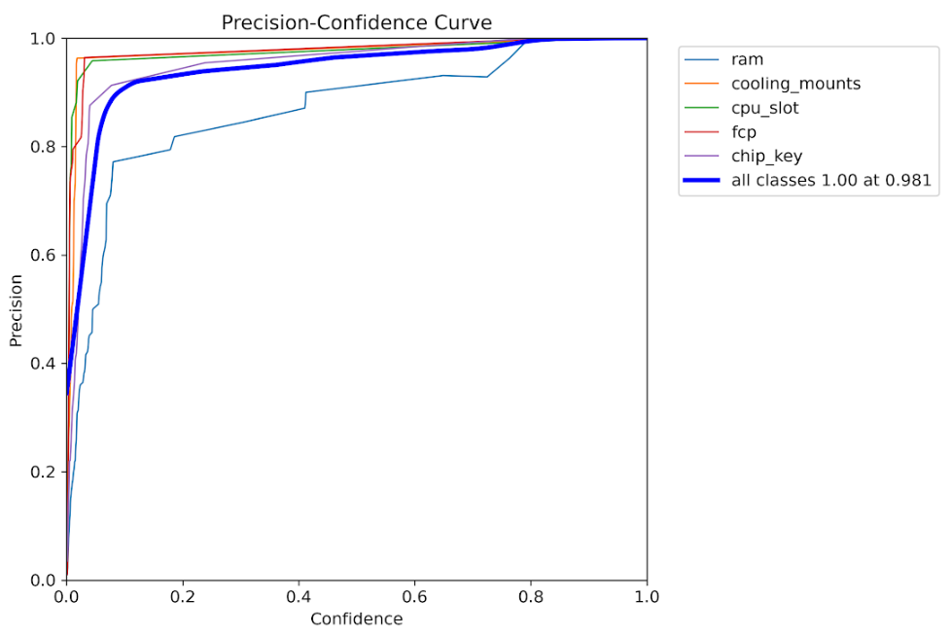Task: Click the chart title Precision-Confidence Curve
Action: coord(357,21)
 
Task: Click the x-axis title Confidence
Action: coord(356,618)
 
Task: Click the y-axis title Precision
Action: coord(17,310)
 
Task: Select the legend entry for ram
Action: coord(747,59)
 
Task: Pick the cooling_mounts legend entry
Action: coord(795,84)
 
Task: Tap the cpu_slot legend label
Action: coord(764,108)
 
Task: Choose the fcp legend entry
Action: coord(743,132)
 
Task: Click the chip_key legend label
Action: coord(766,156)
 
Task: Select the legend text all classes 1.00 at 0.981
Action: coord(830,180)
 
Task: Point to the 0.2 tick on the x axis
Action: coord(182,595)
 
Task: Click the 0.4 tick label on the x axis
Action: coord(299,595)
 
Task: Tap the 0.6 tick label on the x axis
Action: coord(414,595)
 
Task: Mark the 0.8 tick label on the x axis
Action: coord(531,595)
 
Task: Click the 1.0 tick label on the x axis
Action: coord(647,595)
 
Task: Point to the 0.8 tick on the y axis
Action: coord(44,147)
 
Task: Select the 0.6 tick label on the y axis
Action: coord(44,256)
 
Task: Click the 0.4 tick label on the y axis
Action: coord(44,364)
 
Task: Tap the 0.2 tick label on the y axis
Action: coord(44,472)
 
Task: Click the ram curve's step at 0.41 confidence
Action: coord(305,99)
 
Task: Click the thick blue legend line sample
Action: coord(703,180)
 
